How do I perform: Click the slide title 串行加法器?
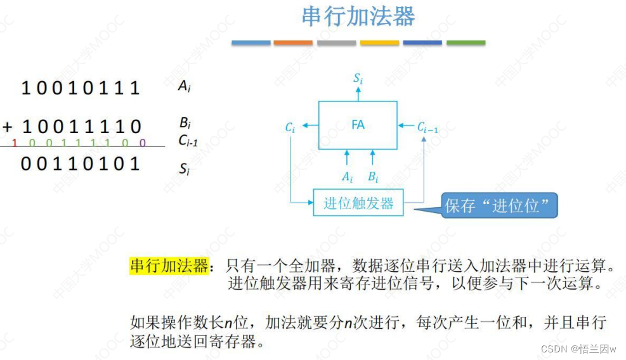[x=358, y=17]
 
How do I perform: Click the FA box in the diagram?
[x=358, y=125]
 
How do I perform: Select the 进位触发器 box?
[x=358, y=203]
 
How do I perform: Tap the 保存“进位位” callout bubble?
[x=501, y=205]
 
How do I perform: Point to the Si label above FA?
[x=358, y=79]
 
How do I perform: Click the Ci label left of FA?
[x=290, y=127]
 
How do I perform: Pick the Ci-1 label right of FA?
[x=427, y=127]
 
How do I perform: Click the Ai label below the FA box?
[x=346, y=176]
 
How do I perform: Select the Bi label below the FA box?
[x=373, y=176]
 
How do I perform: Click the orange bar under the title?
[x=293, y=43]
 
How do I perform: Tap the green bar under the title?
[x=466, y=43]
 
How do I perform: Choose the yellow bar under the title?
[x=379, y=43]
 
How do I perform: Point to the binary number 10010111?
[x=81, y=88]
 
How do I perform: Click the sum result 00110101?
[x=81, y=164]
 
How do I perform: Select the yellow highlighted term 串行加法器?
[x=169, y=266]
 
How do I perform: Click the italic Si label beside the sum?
[x=184, y=169]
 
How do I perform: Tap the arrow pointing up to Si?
[x=358, y=93]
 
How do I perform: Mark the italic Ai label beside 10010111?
[x=184, y=87]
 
